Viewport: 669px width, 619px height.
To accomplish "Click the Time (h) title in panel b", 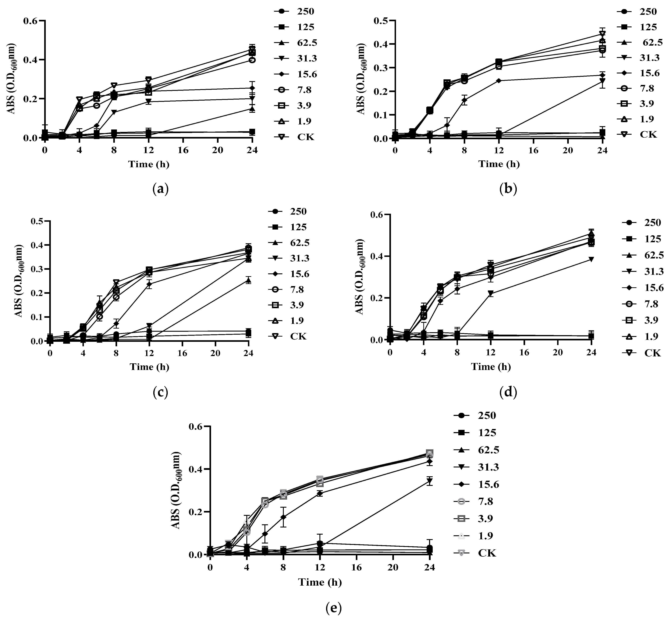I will point(499,164).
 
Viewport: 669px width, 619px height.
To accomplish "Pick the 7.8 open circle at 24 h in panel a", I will point(252,60).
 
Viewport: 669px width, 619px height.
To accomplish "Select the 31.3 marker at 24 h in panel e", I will point(430,481).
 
